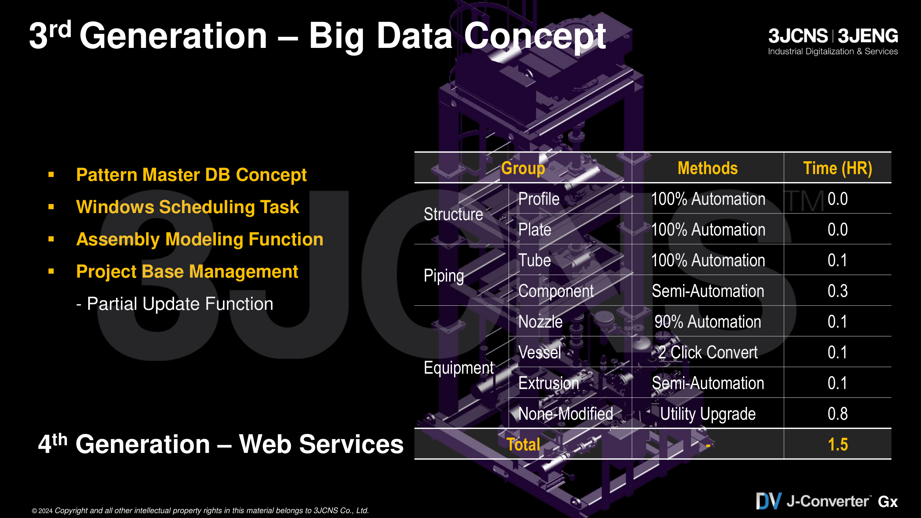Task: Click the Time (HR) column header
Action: point(837,168)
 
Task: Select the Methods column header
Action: point(708,168)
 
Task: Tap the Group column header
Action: point(523,168)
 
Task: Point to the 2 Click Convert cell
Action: point(708,352)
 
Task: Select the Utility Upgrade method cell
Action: point(708,414)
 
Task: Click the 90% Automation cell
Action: point(708,322)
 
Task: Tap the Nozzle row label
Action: point(540,322)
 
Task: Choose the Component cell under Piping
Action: point(556,291)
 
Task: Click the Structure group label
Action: point(453,214)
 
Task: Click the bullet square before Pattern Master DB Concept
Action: point(51,174)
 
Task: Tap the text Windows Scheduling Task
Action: point(188,207)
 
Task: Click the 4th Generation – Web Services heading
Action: point(221,444)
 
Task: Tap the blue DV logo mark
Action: point(768,501)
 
